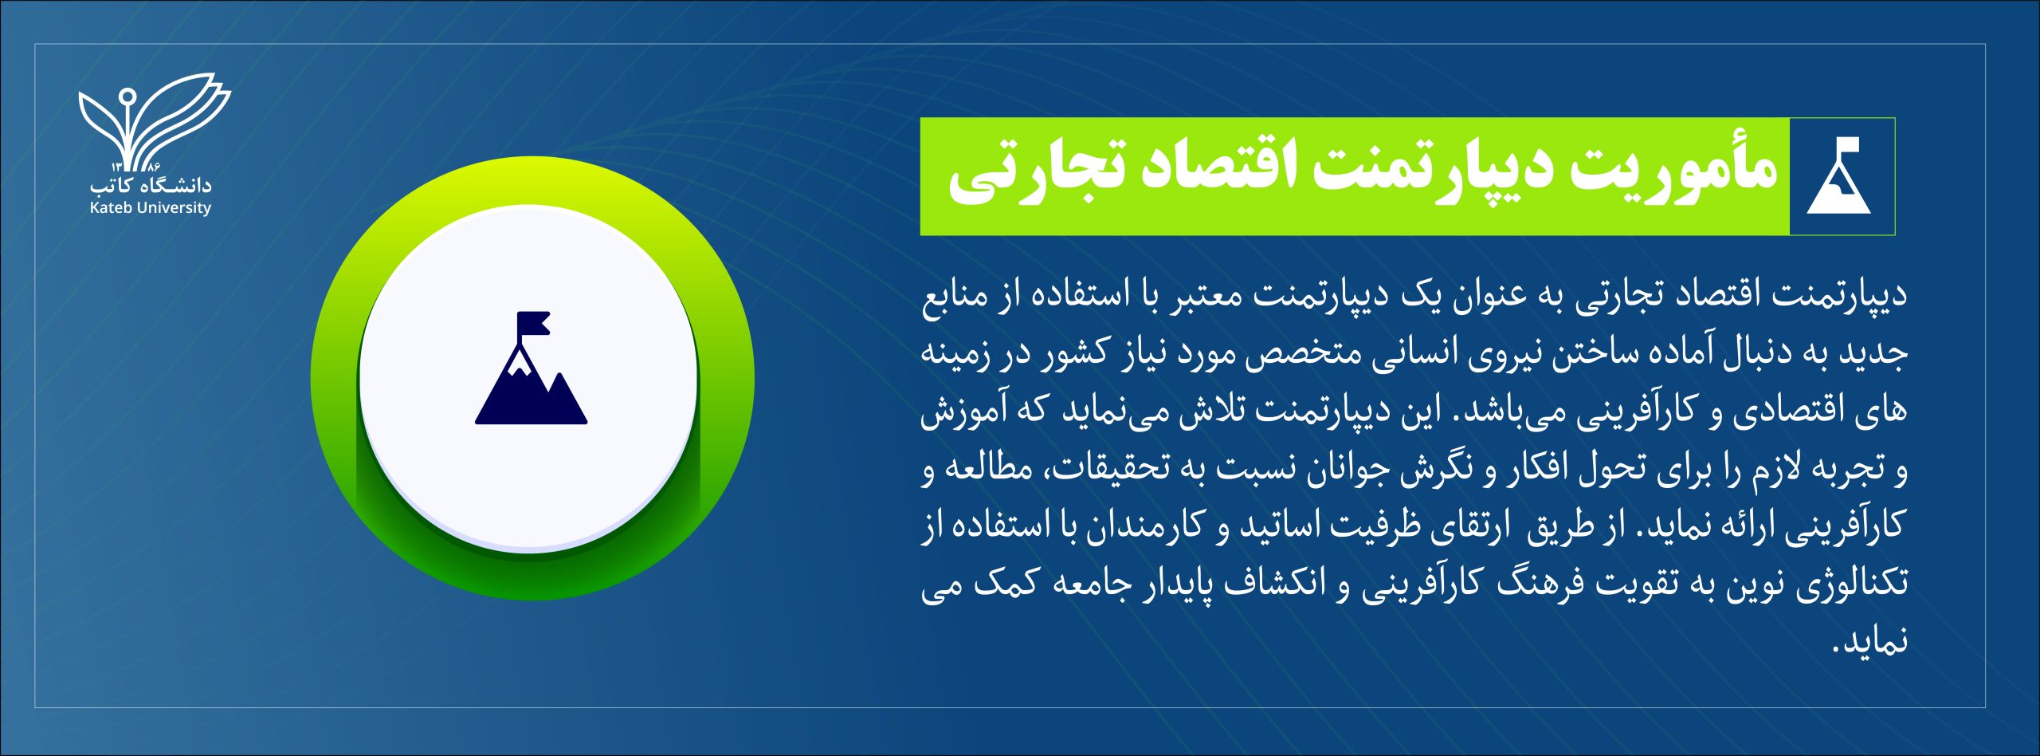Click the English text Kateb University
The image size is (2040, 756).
151,208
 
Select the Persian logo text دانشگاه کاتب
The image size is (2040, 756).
151,185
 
